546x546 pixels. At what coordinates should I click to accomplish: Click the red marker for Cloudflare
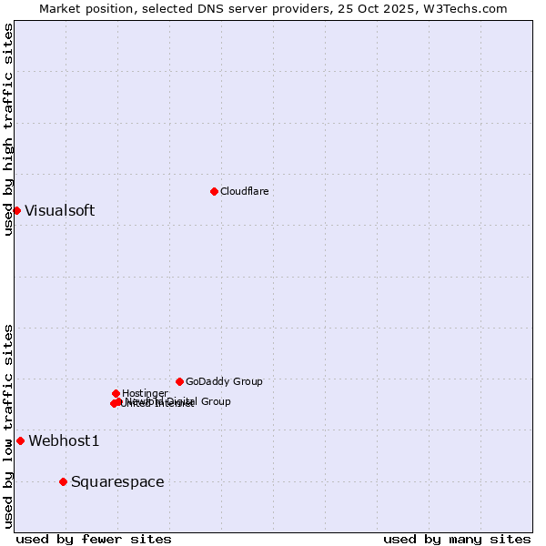214,191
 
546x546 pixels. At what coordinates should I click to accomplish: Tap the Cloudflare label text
244,191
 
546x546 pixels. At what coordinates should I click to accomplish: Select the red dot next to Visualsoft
16,210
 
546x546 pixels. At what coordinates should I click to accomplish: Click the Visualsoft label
59,211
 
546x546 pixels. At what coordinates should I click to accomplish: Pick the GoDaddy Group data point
179,381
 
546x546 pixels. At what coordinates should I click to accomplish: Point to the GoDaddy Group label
224,381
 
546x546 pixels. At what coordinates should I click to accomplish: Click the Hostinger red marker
116,393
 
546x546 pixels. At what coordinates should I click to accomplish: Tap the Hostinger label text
145,393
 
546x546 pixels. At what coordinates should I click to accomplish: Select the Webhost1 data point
20,440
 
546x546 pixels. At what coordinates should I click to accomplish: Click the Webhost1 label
64,441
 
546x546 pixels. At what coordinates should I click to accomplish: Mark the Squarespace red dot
63,481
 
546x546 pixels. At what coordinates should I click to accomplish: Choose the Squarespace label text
117,482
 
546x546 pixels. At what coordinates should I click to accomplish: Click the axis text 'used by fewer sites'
94,539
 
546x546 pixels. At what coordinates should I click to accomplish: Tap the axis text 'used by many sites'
457,539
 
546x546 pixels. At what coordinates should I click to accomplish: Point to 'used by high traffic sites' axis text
8,129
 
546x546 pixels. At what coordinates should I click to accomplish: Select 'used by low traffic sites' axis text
8,426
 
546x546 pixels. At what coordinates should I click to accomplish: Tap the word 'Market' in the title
61,8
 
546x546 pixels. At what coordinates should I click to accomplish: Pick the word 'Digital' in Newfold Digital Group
182,401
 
